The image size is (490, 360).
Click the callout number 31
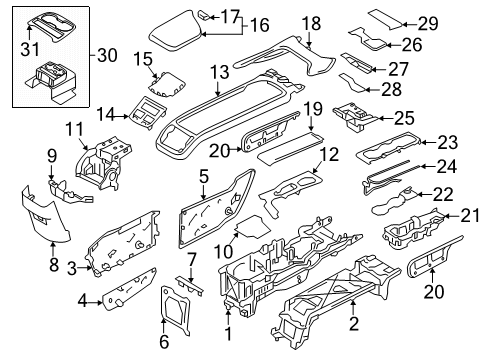coord(30,49)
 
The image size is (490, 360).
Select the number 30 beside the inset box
coord(107,55)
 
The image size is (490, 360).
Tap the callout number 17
coord(230,16)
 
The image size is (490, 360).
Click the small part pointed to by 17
coord(204,15)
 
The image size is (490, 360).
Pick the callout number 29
coord(428,24)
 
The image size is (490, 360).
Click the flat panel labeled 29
coord(385,20)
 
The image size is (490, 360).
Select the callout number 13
coord(220,72)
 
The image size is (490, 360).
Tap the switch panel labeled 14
coord(147,113)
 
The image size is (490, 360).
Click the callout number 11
coord(74,129)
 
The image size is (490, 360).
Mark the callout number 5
coord(204,176)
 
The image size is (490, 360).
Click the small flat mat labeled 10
coord(252,226)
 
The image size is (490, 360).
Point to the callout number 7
coord(191,260)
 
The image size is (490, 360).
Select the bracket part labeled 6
coord(176,310)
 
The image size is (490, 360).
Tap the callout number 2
coord(353,323)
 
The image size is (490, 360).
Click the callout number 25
coord(404,118)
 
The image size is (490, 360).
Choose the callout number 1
coord(228,333)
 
